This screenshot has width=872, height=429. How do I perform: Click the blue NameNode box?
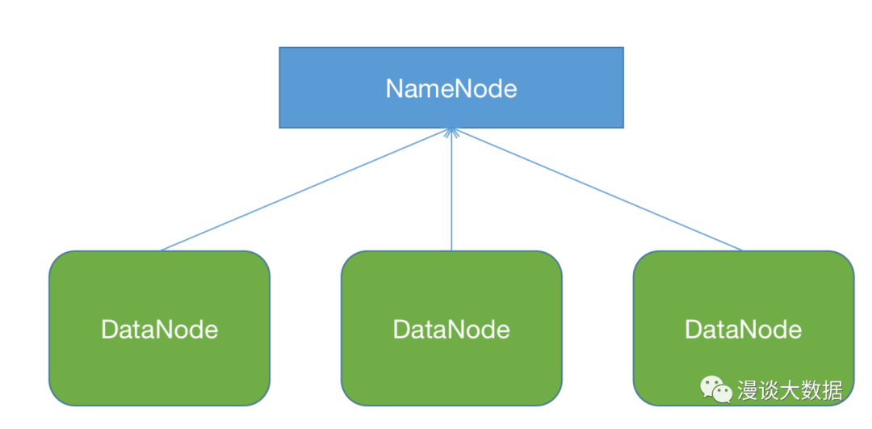[x=451, y=87]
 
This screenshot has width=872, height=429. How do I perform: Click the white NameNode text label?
[x=451, y=89]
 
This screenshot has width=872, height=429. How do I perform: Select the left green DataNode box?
[x=160, y=328]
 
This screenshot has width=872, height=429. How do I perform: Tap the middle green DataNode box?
[x=451, y=328]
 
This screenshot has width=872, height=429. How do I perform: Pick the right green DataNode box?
[x=744, y=328]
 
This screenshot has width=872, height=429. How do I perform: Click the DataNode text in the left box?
[x=160, y=330]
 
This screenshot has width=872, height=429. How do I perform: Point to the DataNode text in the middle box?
[x=451, y=330]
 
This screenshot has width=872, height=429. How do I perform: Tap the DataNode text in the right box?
[x=743, y=330]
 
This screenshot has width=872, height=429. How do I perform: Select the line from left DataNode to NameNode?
[x=306, y=190]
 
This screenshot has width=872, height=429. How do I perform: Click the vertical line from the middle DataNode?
[x=451, y=190]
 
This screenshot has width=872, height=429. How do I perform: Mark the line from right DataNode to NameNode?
[x=597, y=190]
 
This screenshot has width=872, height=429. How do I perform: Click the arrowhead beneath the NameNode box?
[x=451, y=132]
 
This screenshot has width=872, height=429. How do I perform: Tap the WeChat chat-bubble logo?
[x=716, y=389]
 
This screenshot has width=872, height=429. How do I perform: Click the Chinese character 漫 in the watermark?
[x=748, y=390]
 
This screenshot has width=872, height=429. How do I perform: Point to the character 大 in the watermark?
[x=790, y=390]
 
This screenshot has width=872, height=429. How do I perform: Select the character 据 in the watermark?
[x=833, y=390]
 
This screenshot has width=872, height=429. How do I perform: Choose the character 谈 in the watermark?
[x=769, y=390]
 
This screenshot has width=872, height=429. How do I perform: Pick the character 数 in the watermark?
[x=812, y=390]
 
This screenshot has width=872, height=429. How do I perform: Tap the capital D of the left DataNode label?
[x=110, y=330]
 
